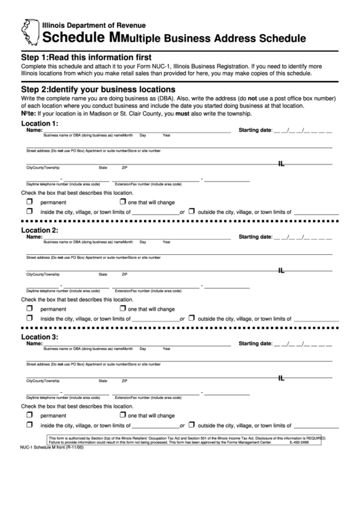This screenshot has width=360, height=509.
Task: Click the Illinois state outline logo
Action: pyautogui.click(x=31, y=31)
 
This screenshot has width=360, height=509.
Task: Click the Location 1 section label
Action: pyautogui.click(x=39, y=124)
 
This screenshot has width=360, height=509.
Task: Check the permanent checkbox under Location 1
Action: pyautogui.click(x=29, y=202)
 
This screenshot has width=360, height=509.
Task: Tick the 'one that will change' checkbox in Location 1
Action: pyautogui.click(x=122, y=202)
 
